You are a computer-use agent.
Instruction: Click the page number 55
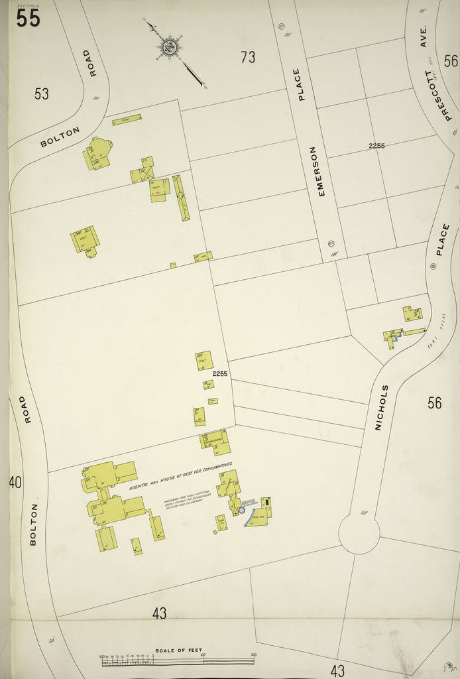pos(29,18)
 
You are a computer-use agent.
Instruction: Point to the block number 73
pos(248,58)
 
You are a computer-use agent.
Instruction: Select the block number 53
pos(42,93)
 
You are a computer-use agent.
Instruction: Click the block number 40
pos(15,482)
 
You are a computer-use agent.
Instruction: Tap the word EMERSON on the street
pos(321,170)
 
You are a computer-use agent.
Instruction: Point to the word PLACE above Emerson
pos(302,84)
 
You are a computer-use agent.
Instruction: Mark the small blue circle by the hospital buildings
pos(241,510)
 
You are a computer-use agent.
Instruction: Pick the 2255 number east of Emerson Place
pos(377,146)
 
